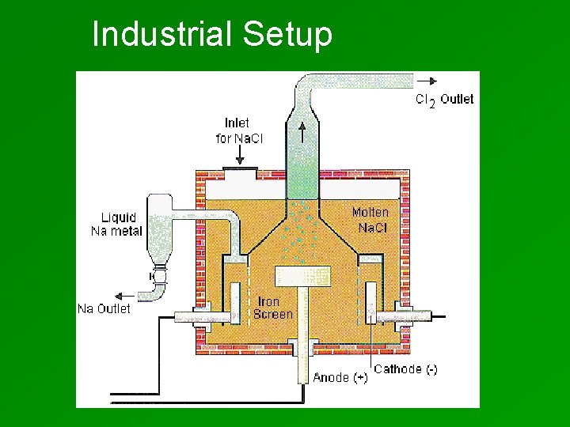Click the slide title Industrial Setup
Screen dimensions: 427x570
(212, 35)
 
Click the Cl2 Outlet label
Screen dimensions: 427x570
(445, 100)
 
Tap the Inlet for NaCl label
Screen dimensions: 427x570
(238, 130)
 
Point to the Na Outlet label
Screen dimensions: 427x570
(104, 308)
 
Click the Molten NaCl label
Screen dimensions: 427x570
(370, 219)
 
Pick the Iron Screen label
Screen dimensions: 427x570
(272, 308)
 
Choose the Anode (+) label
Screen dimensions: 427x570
(340, 377)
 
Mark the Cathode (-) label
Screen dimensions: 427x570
(405, 369)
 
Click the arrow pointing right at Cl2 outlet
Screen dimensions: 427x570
(430, 80)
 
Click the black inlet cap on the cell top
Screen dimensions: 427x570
(239, 168)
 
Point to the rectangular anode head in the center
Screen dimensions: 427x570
(302, 276)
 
